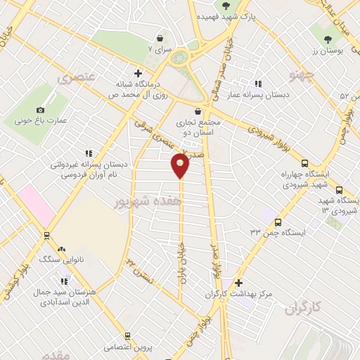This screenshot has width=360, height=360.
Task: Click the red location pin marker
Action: click(181, 166)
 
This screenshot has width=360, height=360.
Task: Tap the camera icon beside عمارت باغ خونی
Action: click(40, 110)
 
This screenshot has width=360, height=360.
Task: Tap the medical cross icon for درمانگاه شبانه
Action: click(138, 73)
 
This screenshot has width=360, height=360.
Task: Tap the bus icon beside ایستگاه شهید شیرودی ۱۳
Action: click(340, 190)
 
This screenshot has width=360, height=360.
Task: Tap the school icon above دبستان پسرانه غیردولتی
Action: click(89, 153)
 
